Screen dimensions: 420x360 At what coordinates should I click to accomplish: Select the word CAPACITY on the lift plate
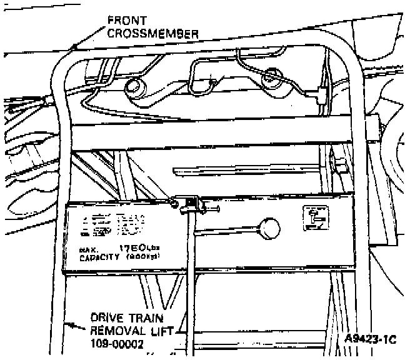(99, 257)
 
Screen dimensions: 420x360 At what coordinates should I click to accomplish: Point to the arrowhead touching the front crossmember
(74, 46)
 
